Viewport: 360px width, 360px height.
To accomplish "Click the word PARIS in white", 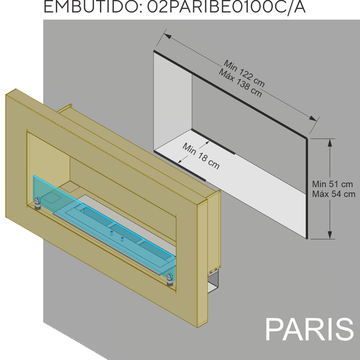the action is [x=309, y=329].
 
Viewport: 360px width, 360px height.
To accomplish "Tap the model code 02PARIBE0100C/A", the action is [x=226, y=7].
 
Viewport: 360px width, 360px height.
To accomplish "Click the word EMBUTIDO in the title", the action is [x=91, y=6].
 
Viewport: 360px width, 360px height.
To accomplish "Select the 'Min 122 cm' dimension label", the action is [x=244, y=73].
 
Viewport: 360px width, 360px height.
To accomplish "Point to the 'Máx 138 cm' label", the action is [x=240, y=83].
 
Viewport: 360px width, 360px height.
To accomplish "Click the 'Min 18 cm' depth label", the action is [x=201, y=156].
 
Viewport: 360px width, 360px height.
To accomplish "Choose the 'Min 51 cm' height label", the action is [x=332, y=184].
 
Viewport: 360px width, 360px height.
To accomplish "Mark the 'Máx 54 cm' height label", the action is [x=333, y=194].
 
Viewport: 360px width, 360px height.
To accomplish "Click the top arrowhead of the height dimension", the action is [x=330, y=143].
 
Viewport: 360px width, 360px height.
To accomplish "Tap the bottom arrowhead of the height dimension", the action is [x=330, y=235].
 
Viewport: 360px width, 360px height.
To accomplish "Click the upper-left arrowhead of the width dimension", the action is [x=167, y=36].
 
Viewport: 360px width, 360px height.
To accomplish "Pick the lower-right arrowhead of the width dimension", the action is [x=313, y=118].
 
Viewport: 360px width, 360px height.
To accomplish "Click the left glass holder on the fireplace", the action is [x=37, y=203].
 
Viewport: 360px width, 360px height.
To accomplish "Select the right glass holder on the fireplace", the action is [x=170, y=280].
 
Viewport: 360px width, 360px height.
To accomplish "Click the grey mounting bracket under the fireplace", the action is [x=213, y=282].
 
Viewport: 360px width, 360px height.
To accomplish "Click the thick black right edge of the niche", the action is [x=307, y=189].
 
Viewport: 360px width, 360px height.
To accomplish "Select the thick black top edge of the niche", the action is [x=230, y=94].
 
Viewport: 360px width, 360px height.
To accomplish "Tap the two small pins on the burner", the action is [x=117, y=236].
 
